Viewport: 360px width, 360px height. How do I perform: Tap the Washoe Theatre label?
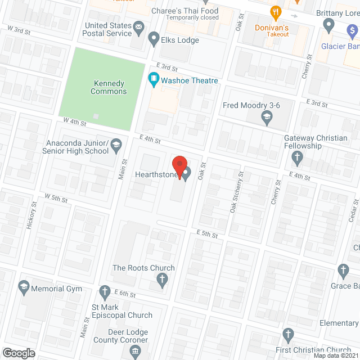(190, 80)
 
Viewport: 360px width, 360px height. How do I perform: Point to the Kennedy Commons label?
(110, 87)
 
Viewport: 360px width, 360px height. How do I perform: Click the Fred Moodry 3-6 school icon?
(267, 118)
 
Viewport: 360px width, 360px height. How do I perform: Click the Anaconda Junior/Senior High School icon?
(116, 146)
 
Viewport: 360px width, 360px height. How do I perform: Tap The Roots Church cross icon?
(162, 280)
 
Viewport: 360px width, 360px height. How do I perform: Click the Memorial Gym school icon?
(24, 289)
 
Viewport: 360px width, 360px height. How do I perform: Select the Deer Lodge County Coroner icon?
(135, 352)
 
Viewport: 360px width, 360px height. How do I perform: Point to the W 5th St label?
(56, 199)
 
